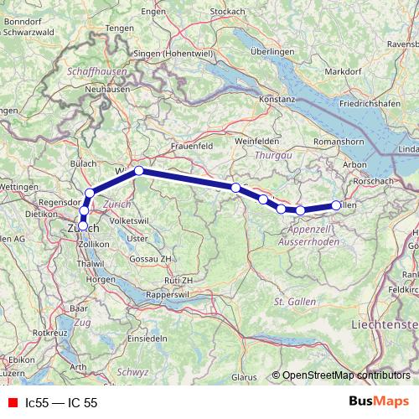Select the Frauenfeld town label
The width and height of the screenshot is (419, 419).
click(194, 145)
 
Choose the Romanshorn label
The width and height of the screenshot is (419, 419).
click(335, 142)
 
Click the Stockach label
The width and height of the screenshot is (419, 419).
click(227, 11)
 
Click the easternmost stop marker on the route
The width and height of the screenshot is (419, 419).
click(337, 204)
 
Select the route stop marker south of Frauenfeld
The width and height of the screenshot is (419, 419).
click(139, 171)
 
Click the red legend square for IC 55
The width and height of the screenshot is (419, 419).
click(13, 402)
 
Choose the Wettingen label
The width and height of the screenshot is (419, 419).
click(22, 189)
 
